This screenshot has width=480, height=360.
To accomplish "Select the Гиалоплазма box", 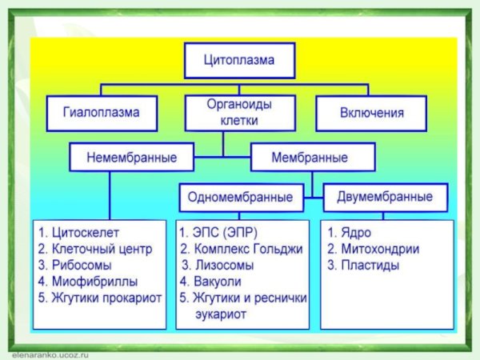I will coord(101,113).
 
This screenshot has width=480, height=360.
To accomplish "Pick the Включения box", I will coord(370,113).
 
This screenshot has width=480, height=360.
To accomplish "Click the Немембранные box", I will coord(133,156).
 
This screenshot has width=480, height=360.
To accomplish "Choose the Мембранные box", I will coord(310,156).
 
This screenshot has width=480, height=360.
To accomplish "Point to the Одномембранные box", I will coord(240,196).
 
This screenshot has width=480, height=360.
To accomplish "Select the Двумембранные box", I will coord(385,196).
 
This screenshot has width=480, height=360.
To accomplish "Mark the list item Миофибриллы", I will coord(87,282).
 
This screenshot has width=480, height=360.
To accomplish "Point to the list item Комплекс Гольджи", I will coord(241,249).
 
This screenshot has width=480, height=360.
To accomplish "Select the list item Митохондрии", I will coord(374,249).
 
